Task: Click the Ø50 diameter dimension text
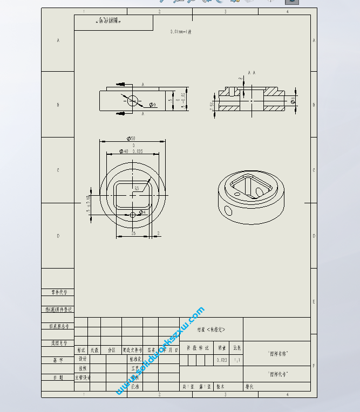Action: point(132,139)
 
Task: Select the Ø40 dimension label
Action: point(125,152)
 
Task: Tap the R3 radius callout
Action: point(137,188)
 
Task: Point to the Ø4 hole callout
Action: point(142,212)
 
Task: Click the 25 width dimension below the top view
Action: point(133,233)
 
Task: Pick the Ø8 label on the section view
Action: point(293,100)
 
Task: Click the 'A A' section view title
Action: point(252,72)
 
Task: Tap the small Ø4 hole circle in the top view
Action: point(133,215)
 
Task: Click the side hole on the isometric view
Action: point(227,209)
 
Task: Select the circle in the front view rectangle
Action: point(132,100)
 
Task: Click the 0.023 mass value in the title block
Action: point(222,359)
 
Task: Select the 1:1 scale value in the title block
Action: point(237,359)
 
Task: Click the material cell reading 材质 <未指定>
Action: point(211,329)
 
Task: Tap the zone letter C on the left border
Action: point(58,170)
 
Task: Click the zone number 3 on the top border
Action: point(225,11)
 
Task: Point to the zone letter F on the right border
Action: point(314,366)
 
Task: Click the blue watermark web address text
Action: point(160,351)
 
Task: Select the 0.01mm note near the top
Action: point(180,32)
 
